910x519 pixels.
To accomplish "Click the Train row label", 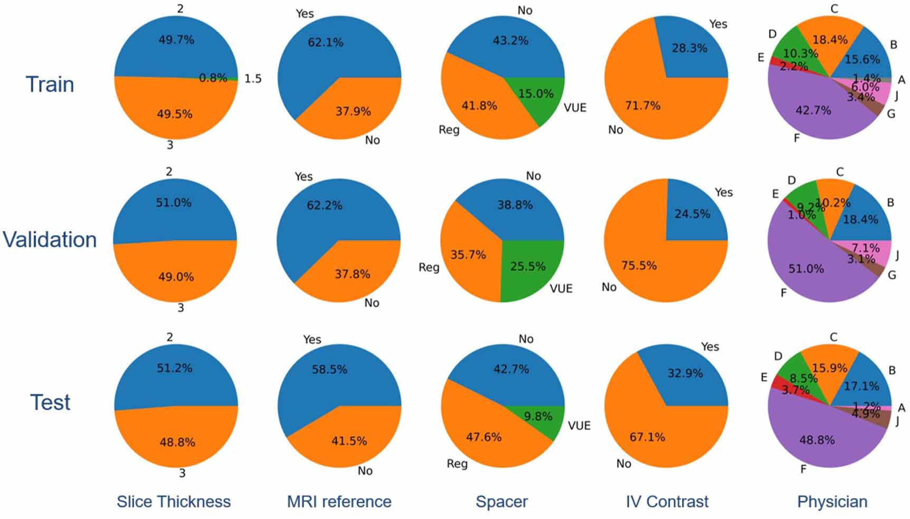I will (50, 84).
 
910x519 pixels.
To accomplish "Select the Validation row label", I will (50, 239).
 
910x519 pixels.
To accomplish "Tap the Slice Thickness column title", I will (174, 501).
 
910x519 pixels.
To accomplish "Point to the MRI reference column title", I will (339, 501).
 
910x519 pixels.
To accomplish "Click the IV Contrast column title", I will (667, 501).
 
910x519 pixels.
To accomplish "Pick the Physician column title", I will (832, 501).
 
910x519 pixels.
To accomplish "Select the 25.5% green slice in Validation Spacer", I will (528, 266).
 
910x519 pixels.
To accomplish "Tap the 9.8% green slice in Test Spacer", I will (538, 419).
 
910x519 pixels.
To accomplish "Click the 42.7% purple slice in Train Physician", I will (813, 110).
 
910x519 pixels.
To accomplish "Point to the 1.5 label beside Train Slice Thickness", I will (253, 79).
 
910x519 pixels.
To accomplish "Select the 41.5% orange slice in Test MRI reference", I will (349, 441).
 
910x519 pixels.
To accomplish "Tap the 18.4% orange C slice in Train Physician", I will (830, 40).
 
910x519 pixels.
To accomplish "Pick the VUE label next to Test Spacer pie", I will (579, 426).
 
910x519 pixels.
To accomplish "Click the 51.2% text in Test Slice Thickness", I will (174, 368).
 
